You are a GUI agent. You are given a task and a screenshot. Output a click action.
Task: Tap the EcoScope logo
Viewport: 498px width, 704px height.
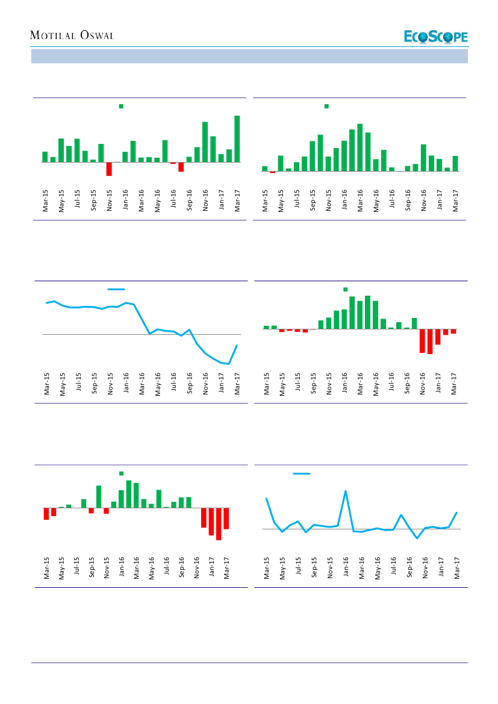coord(435,37)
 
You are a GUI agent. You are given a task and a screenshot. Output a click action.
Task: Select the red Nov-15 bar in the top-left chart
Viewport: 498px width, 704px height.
coord(109,169)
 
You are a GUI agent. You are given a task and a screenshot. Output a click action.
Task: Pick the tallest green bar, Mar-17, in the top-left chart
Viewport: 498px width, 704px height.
coord(237,139)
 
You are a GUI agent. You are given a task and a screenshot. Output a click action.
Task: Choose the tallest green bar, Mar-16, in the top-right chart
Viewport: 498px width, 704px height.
coord(359,148)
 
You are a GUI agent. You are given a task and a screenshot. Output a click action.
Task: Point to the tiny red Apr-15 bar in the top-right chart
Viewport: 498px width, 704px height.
coord(272,172)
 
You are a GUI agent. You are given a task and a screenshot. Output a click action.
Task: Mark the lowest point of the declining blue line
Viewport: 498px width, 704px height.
coord(229,364)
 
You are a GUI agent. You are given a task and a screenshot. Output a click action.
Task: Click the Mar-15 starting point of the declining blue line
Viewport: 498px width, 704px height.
coord(46,303)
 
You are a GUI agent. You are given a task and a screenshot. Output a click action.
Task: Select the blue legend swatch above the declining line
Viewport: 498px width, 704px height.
coord(116,290)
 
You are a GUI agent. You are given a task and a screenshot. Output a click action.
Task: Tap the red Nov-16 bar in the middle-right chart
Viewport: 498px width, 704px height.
coord(422,341)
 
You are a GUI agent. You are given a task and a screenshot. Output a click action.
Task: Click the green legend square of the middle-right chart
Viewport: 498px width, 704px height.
coord(346,289)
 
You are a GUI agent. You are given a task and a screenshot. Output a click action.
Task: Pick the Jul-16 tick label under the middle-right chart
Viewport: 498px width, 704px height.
coord(391,383)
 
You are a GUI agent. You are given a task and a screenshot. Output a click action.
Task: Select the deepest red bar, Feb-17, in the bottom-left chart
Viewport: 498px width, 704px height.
coord(219,524)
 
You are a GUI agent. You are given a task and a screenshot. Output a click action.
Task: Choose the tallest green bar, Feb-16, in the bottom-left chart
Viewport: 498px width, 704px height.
coord(129,494)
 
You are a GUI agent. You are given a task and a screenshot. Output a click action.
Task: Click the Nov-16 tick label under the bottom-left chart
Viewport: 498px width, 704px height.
coord(197,568)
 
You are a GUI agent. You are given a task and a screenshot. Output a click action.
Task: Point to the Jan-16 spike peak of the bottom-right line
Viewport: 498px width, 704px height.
coord(346,491)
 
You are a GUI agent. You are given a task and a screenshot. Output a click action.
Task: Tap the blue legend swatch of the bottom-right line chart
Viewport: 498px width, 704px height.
coord(301,474)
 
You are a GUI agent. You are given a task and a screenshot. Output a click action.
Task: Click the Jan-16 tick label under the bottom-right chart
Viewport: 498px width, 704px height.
coord(346,568)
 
